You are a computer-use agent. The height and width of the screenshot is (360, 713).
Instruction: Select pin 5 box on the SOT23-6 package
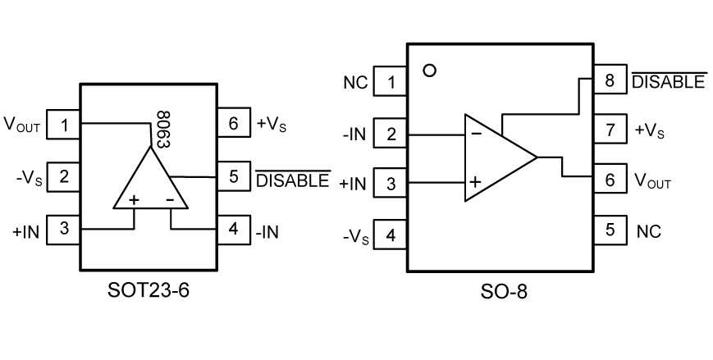click(233, 176)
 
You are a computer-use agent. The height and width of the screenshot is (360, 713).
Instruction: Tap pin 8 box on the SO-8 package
click(609, 80)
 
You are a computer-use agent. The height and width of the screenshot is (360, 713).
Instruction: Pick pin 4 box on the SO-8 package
click(390, 235)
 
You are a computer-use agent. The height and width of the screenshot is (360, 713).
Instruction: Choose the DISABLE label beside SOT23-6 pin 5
click(293, 180)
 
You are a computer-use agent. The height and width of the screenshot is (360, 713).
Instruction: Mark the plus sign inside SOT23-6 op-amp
click(134, 199)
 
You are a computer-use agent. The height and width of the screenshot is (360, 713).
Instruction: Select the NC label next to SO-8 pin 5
click(648, 230)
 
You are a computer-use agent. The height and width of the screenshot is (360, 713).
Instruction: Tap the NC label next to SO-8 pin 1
click(355, 82)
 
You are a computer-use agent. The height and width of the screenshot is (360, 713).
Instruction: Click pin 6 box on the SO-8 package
click(609, 180)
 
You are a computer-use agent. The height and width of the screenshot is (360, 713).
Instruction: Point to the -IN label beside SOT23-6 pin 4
click(267, 232)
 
